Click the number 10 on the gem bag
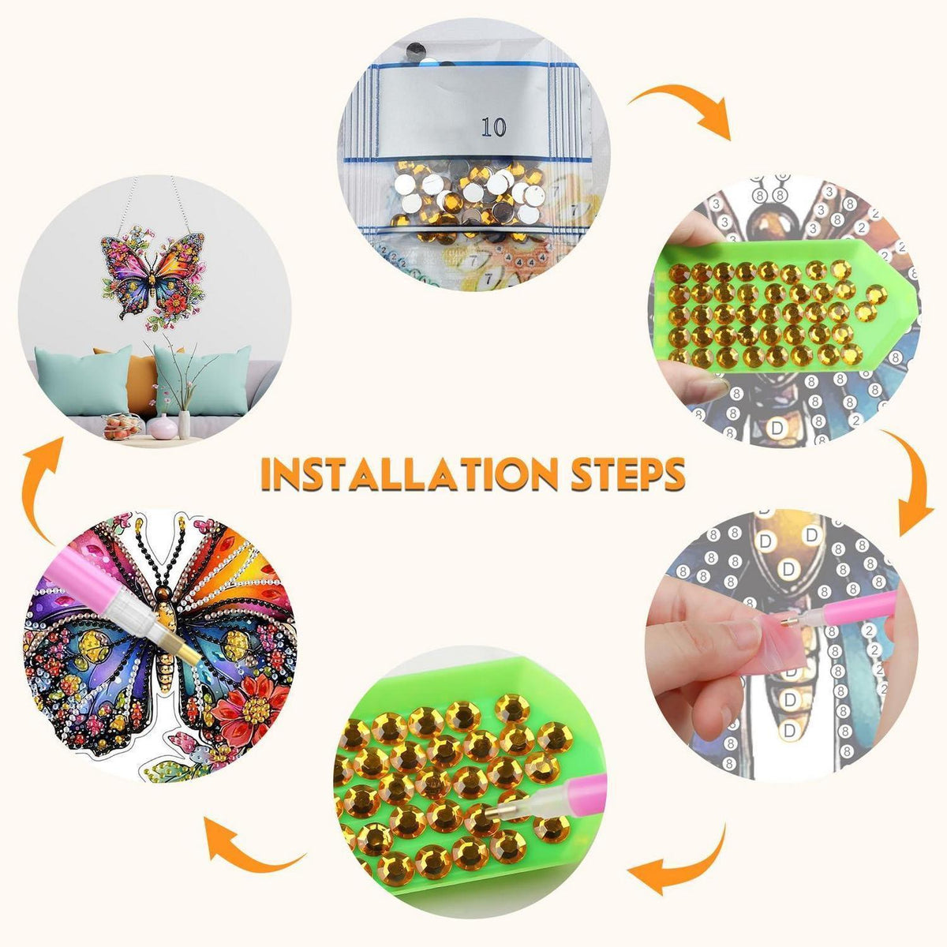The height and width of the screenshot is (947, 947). (x=493, y=127)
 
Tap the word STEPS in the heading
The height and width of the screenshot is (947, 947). (x=627, y=473)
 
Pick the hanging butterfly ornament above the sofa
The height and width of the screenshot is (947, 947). (x=153, y=279)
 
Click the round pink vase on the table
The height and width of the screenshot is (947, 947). (x=163, y=427)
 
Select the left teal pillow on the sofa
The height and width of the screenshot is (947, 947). (x=84, y=380)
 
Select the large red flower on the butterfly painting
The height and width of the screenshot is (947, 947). (x=251, y=708)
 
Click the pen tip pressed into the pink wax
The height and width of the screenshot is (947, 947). (x=788, y=623)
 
